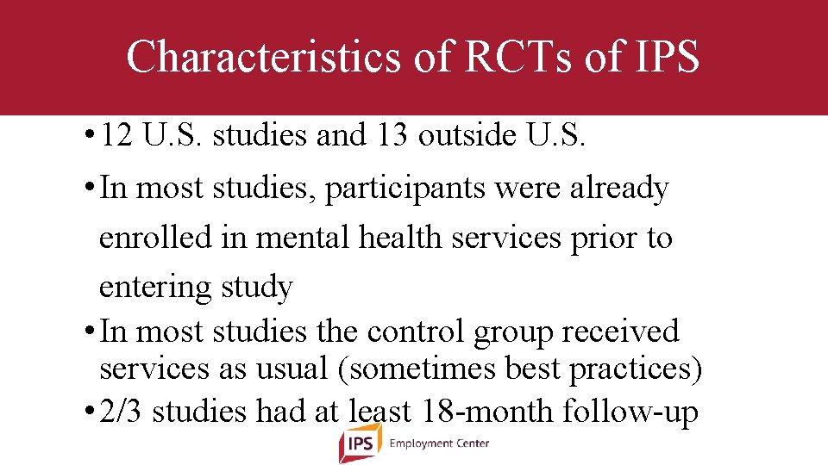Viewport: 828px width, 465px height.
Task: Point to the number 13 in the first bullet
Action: pos(392,137)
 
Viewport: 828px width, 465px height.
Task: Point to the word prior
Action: pos(600,238)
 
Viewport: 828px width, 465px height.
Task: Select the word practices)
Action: pos(635,369)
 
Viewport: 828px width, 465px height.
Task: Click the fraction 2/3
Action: pos(122,412)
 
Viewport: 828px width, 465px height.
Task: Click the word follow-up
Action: pos(630,412)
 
